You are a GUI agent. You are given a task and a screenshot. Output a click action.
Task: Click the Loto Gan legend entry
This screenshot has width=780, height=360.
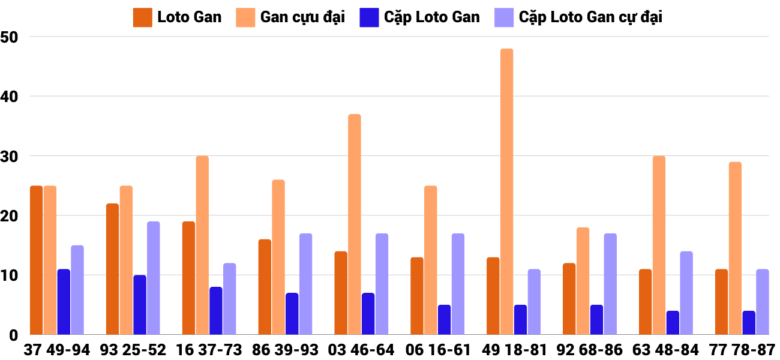(178, 17)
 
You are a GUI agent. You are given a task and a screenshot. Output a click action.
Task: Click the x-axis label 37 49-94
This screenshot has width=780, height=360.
(57, 350)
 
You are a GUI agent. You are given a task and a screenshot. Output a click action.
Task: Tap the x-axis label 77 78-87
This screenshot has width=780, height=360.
(742, 350)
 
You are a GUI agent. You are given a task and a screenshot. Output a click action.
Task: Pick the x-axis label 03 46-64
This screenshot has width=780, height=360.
(361, 350)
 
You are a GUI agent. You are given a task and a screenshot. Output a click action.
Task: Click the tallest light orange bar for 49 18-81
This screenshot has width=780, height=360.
(506, 192)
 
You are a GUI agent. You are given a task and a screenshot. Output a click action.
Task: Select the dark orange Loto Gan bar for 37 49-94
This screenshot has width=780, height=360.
(36, 260)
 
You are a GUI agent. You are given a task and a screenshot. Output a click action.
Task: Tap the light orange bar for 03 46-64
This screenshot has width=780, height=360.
(355, 224)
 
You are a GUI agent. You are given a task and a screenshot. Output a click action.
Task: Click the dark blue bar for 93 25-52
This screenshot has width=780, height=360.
(140, 305)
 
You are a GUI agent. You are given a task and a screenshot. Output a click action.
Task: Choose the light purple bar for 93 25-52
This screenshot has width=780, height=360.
(154, 278)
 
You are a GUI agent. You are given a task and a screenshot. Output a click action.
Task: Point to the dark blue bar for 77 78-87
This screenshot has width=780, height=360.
(749, 323)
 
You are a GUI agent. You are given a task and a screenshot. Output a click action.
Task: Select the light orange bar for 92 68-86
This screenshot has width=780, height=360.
(583, 281)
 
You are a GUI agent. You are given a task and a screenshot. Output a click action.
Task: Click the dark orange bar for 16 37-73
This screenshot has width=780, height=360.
(188, 278)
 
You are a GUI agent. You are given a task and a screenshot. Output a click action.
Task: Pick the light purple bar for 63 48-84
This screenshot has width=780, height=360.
(686, 293)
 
